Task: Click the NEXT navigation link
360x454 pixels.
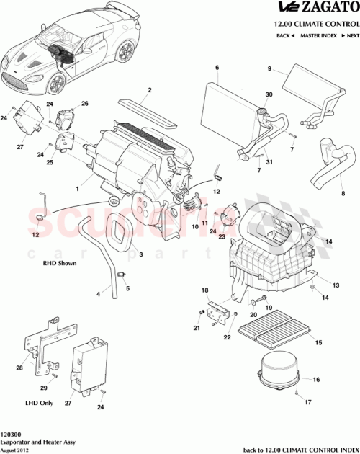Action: coord(349,35)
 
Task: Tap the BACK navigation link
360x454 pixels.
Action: coord(285,35)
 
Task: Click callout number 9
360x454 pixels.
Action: coord(270,69)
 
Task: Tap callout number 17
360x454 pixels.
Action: coord(307,402)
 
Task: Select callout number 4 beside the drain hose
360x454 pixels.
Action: coord(98,294)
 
